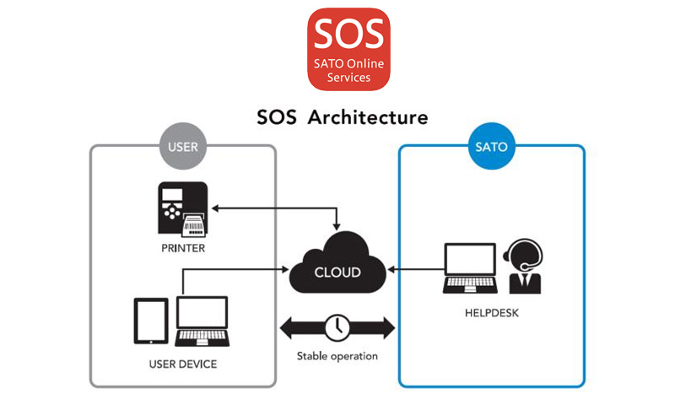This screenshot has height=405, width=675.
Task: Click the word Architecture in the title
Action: (x=368, y=116)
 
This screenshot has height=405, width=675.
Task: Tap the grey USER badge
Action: (x=182, y=147)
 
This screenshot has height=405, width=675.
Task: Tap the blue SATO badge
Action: (x=491, y=147)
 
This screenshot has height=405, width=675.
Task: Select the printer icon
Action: (x=182, y=208)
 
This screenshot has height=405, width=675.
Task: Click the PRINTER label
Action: (x=182, y=249)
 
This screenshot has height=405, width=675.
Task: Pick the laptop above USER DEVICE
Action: (x=202, y=319)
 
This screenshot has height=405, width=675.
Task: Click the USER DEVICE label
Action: (x=182, y=364)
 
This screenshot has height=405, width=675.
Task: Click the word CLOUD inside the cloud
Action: (x=337, y=273)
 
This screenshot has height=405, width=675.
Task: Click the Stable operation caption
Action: (x=337, y=355)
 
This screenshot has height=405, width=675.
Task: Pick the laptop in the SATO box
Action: (x=470, y=268)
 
